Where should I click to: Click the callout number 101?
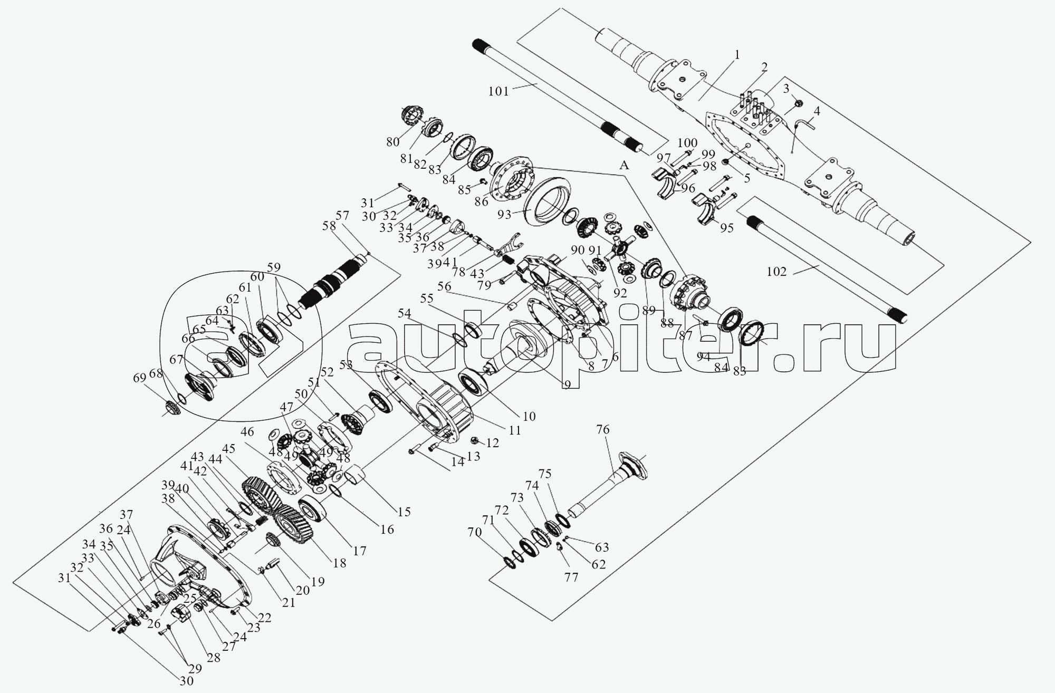click(x=498, y=91)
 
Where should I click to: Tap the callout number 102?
click(x=776, y=272)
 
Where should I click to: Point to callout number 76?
click(x=602, y=430)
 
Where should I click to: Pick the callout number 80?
click(x=392, y=142)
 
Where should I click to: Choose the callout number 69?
click(x=139, y=378)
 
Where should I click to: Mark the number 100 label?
click(x=687, y=142)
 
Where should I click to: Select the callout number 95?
click(x=727, y=228)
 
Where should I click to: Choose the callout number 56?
click(x=445, y=286)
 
